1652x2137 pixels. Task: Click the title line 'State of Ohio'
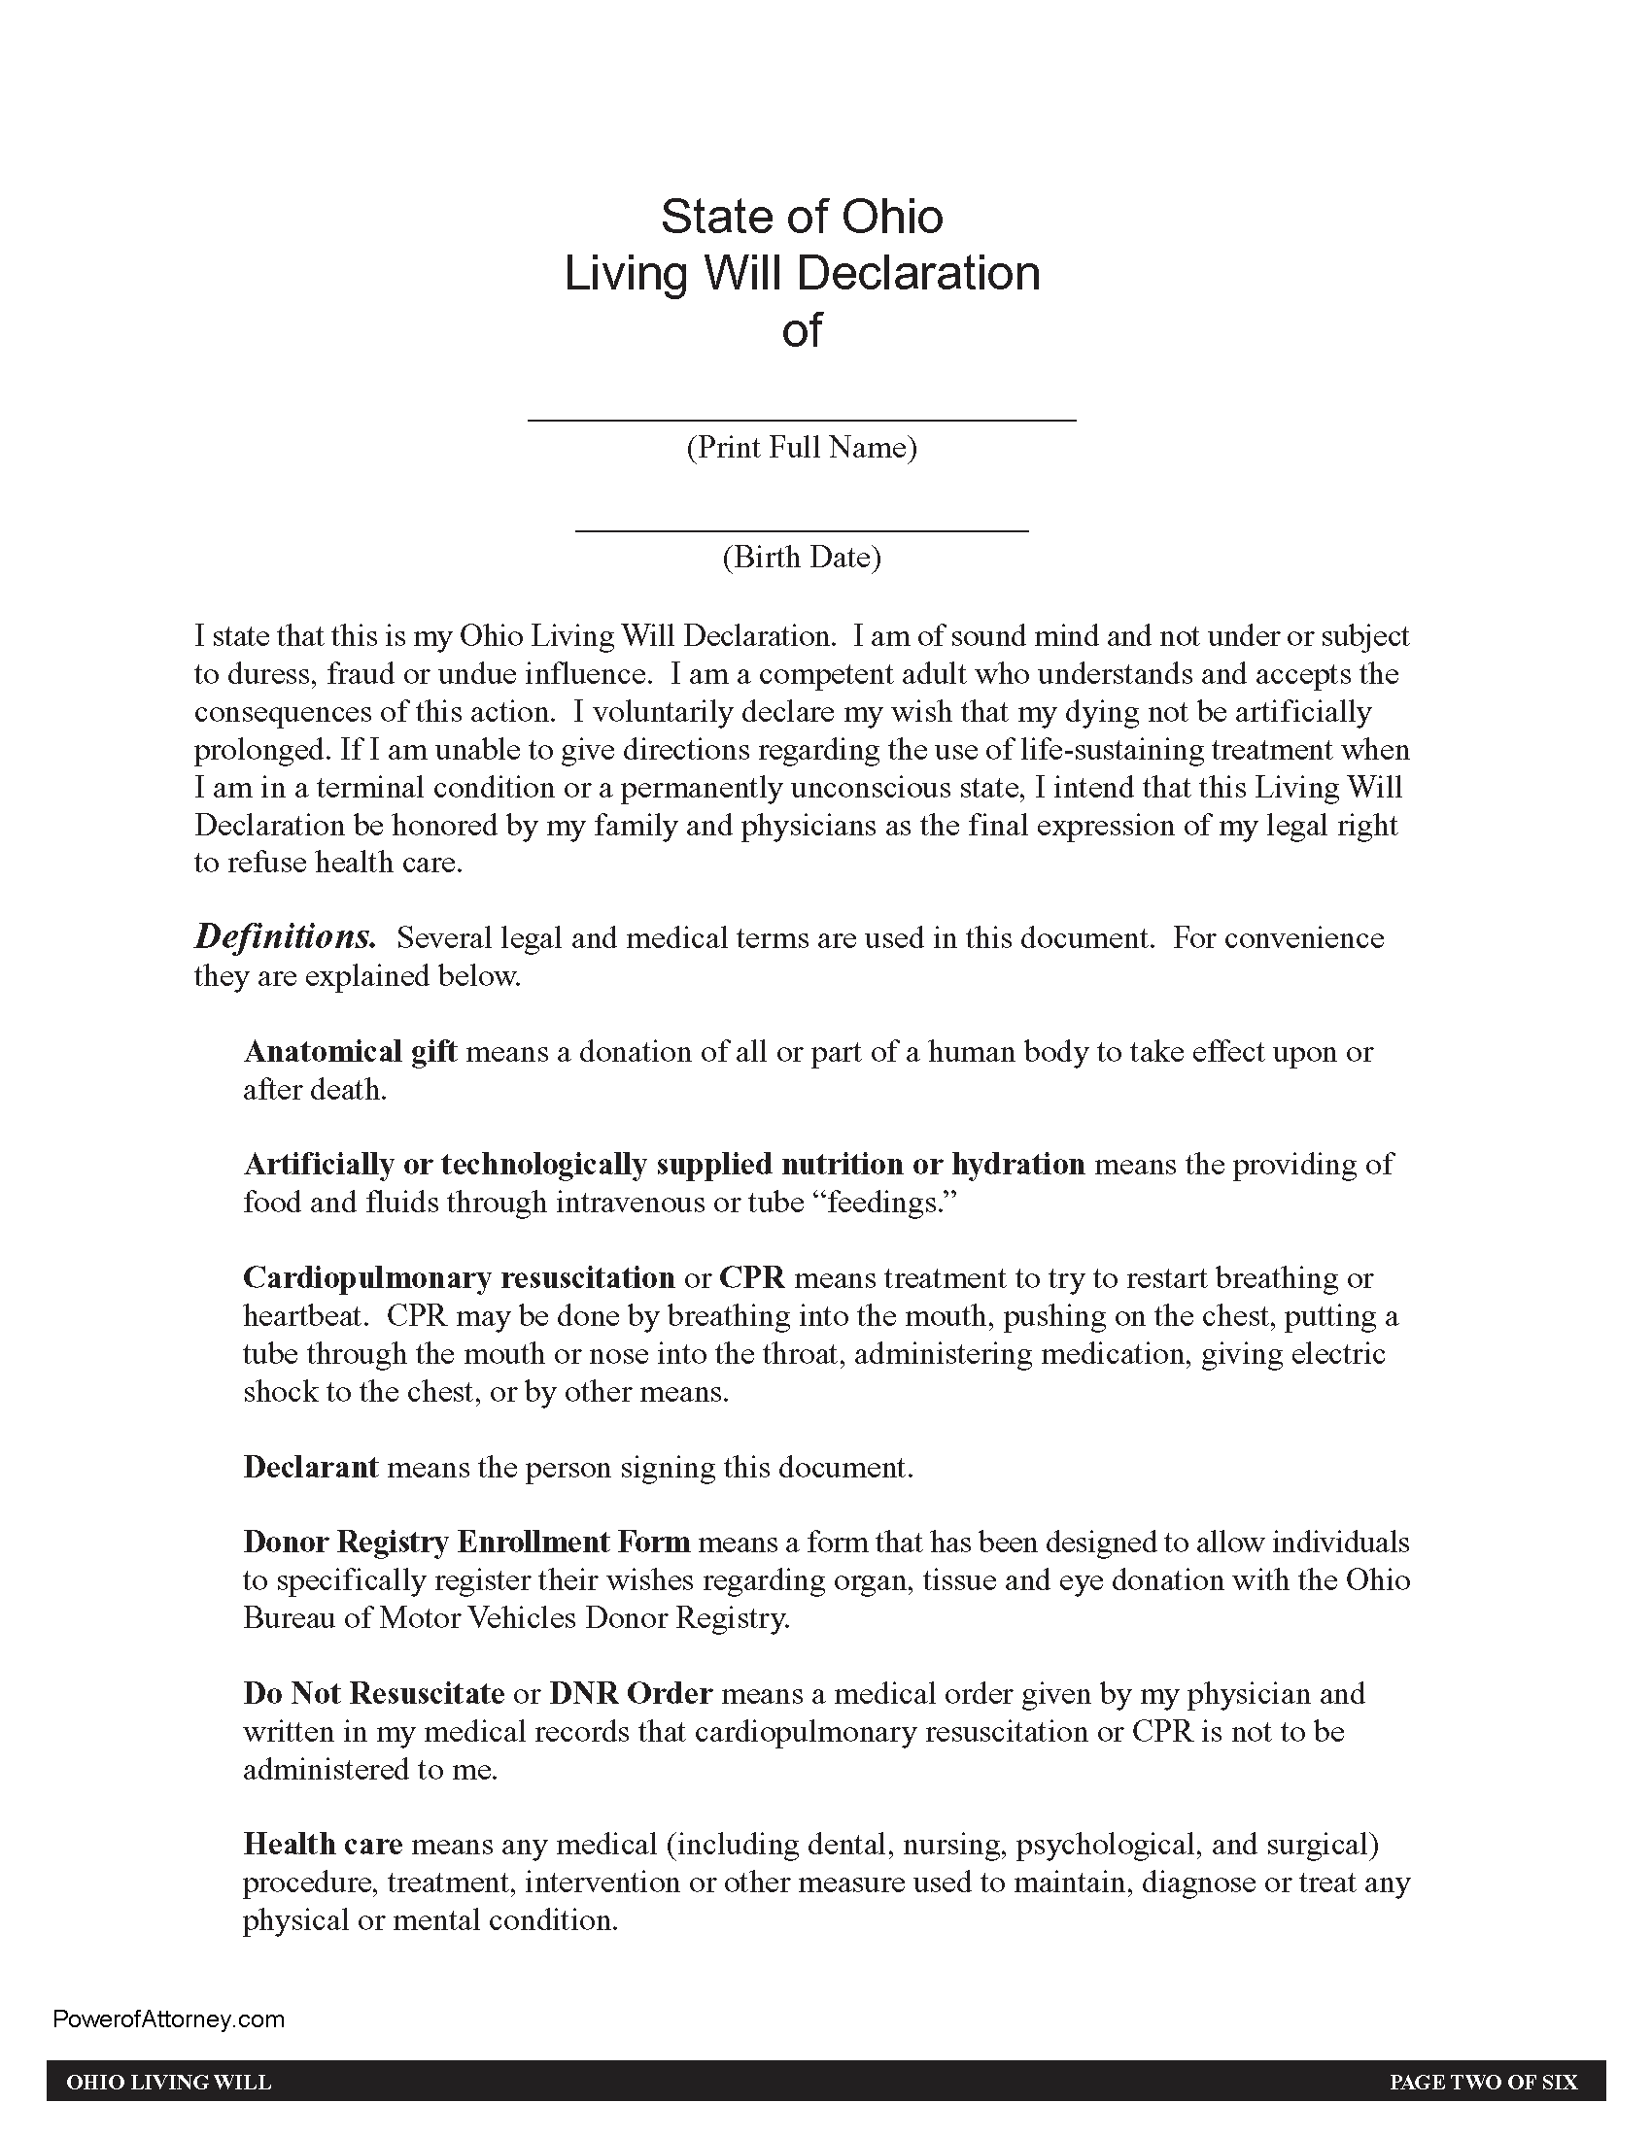coord(802,217)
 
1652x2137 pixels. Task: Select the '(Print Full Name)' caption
coord(802,448)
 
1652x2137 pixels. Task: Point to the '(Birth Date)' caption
coord(802,558)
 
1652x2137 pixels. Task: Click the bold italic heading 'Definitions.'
coord(285,937)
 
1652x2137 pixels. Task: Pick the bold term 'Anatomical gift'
coord(350,1051)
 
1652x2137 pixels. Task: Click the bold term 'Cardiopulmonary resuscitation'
coord(459,1278)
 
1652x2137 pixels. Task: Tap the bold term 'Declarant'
coord(310,1467)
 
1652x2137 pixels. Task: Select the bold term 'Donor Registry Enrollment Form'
coord(466,1543)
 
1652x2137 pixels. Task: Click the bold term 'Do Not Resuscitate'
coord(374,1693)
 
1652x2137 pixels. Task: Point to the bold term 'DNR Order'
coord(631,1693)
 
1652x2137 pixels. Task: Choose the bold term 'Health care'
coord(323,1845)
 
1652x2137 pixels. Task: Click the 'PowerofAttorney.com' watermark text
coord(169,2019)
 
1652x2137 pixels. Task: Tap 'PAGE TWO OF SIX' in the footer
coord(1484,2082)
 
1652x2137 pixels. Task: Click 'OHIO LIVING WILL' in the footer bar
coord(168,2082)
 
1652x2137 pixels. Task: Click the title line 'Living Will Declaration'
coord(802,273)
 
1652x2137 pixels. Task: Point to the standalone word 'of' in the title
coord(802,329)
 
